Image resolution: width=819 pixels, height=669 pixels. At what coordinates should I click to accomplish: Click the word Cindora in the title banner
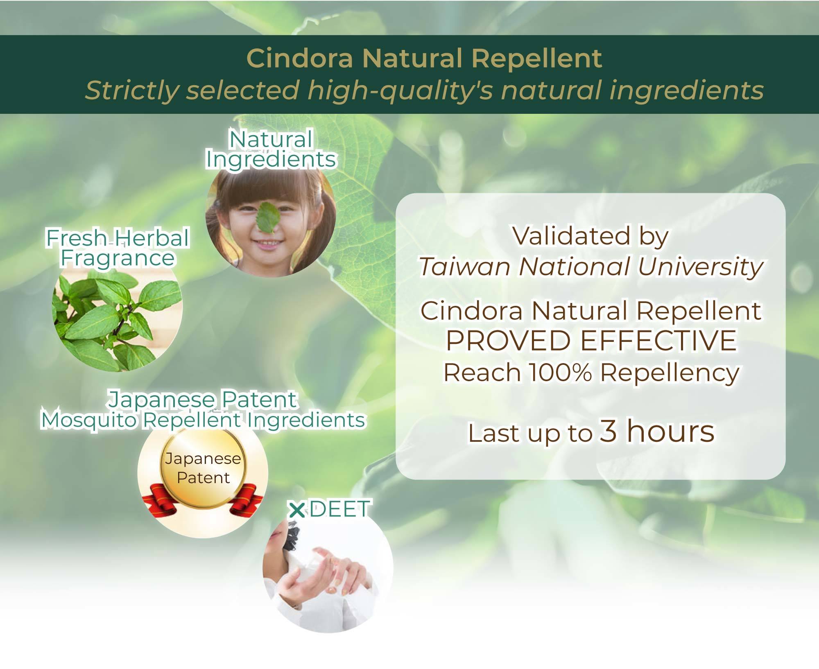[299, 58]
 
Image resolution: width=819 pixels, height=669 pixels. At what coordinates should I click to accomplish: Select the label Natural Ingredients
[271, 150]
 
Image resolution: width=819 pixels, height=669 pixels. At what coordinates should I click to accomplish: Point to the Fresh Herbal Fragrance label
[118, 248]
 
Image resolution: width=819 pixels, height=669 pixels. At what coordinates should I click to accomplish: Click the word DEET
[340, 509]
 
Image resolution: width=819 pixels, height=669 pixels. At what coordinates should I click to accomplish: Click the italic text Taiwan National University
[591, 267]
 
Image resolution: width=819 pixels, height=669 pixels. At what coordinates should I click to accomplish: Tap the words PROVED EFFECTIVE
[591, 341]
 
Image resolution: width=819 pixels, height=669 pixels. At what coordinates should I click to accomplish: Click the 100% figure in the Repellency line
[560, 373]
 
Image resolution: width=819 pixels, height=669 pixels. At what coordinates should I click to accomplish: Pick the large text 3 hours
[657, 431]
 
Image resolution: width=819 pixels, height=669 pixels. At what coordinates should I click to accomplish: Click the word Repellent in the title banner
[537, 58]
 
